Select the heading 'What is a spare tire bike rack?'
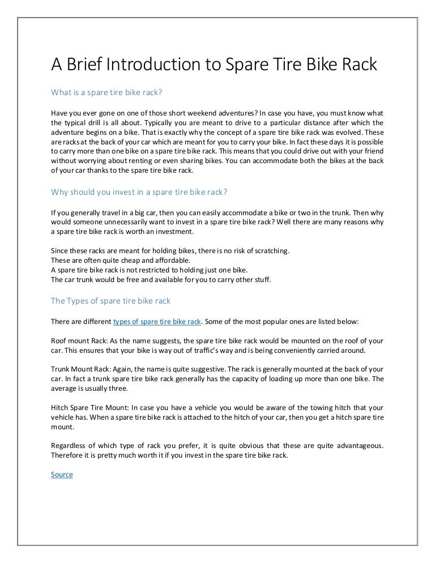pyautogui.click(x=108, y=92)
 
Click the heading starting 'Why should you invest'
pyautogui.click(x=139, y=191)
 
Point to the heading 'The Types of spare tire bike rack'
pyautogui.click(x=110, y=300)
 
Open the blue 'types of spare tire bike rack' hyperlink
pyautogui.click(x=157, y=321)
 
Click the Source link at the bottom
pyautogui.click(x=62, y=474)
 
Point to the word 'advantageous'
pyautogui.click(x=358, y=447)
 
